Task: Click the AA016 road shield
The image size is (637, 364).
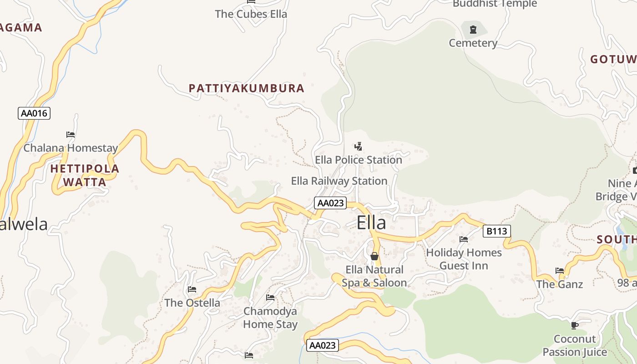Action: coord(34,113)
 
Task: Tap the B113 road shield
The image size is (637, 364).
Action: coord(496,231)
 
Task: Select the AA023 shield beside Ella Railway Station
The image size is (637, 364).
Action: coord(330,203)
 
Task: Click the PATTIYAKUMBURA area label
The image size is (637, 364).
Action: coord(247,88)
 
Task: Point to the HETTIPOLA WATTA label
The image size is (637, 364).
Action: coord(85,175)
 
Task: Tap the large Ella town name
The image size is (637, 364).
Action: coord(371,223)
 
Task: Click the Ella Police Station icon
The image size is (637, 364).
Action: coord(359,147)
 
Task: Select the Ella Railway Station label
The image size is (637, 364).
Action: coord(339,181)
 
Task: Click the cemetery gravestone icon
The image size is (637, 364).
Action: coord(473,30)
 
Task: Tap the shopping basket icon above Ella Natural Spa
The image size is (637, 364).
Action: coord(374,256)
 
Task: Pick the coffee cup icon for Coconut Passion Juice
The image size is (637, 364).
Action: coord(575,325)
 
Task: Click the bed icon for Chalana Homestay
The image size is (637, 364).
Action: coord(71,135)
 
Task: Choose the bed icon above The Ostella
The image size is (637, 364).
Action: coord(192,289)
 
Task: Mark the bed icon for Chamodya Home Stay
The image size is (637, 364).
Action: coord(270,298)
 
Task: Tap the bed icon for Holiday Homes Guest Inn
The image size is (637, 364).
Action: coord(464,239)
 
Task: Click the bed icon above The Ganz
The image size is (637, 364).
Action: coord(560,271)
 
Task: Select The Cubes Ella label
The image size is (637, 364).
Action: coord(251,14)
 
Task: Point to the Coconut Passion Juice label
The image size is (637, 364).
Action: coord(575,345)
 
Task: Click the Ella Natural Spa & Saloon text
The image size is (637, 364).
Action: coord(374,276)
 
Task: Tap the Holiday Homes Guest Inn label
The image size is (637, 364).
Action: coord(464,259)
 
